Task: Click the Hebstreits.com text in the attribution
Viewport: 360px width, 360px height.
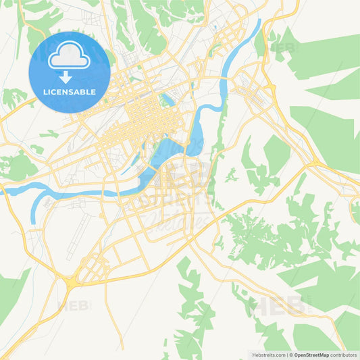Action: click(x=266, y=354)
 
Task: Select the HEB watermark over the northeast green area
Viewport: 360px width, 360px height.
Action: click(x=282, y=48)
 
